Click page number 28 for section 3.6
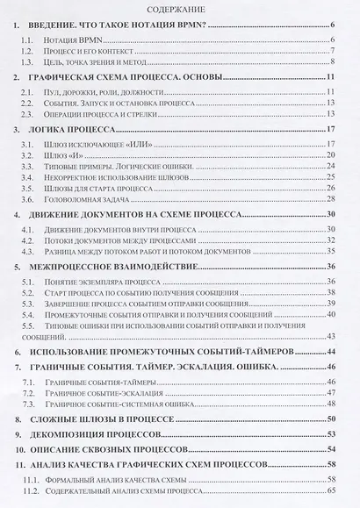click(x=332, y=199)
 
